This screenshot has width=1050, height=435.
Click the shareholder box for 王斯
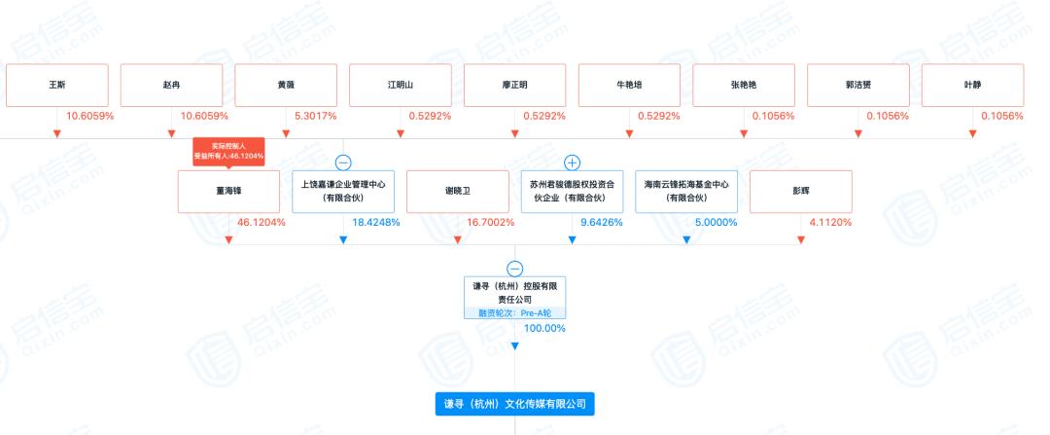click(x=56, y=85)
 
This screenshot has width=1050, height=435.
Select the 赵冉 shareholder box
click(x=171, y=85)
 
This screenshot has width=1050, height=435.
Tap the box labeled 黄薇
click(x=286, y=85)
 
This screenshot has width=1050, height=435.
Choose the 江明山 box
click(x=400, y=85)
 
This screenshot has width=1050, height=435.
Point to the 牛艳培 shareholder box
click(x=629, y=85)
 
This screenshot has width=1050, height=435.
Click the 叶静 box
click(x=972, y=85)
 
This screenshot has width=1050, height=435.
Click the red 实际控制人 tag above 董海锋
click(x=228, y=150)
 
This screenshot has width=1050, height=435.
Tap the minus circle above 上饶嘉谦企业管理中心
click(x=343, y=163)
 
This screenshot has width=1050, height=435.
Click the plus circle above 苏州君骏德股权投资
click(x=572, y=163)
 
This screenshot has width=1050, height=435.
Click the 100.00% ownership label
click(x=544, y=328)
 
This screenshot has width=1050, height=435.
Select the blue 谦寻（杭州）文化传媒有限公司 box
click(x=514, y=403)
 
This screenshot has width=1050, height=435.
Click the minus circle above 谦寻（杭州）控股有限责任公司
click(x=515, y=269)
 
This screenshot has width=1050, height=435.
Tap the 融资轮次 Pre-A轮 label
click(x=514, y=313)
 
